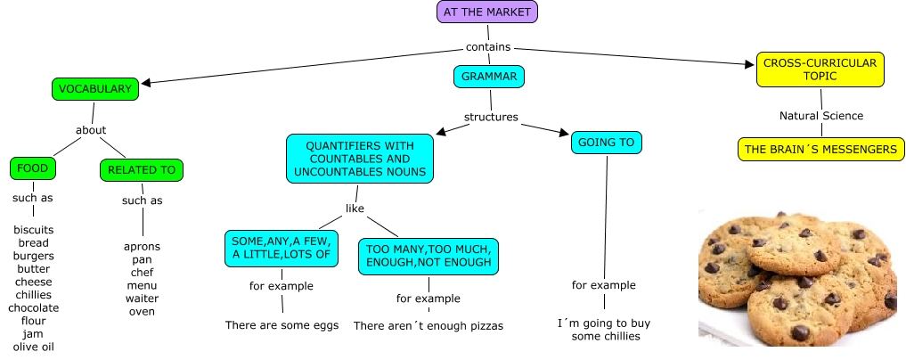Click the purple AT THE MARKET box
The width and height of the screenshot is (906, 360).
[488, 12]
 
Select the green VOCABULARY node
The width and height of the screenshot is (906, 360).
[95, 88]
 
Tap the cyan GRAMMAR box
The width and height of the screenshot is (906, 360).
[489, 77]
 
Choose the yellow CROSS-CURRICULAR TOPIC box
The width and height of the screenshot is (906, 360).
[820, 70]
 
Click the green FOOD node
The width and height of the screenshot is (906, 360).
[33, 168]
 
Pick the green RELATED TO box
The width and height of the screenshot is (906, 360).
[142, 169]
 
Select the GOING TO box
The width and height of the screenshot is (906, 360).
[606, 143]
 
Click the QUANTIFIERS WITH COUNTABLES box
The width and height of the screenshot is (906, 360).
[360, 159]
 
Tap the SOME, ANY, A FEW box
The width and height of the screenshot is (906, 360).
[282, 248]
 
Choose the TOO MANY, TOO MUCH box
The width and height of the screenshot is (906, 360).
[429, 255]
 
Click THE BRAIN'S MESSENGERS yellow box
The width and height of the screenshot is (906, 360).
[820, 149]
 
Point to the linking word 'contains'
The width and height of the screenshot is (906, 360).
[488, 47]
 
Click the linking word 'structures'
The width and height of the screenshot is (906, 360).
[491, 117]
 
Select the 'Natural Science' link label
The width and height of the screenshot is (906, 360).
[820, 116]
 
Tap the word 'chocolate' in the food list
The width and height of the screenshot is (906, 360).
[34, 307]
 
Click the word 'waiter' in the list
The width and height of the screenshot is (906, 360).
[142, 299]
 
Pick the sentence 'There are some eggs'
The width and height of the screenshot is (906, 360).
[282, 325]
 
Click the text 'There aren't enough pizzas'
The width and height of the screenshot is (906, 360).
[429, 326]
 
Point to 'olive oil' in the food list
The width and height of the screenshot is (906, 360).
[34, 347]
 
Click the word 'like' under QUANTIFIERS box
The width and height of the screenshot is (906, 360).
[355, 209]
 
